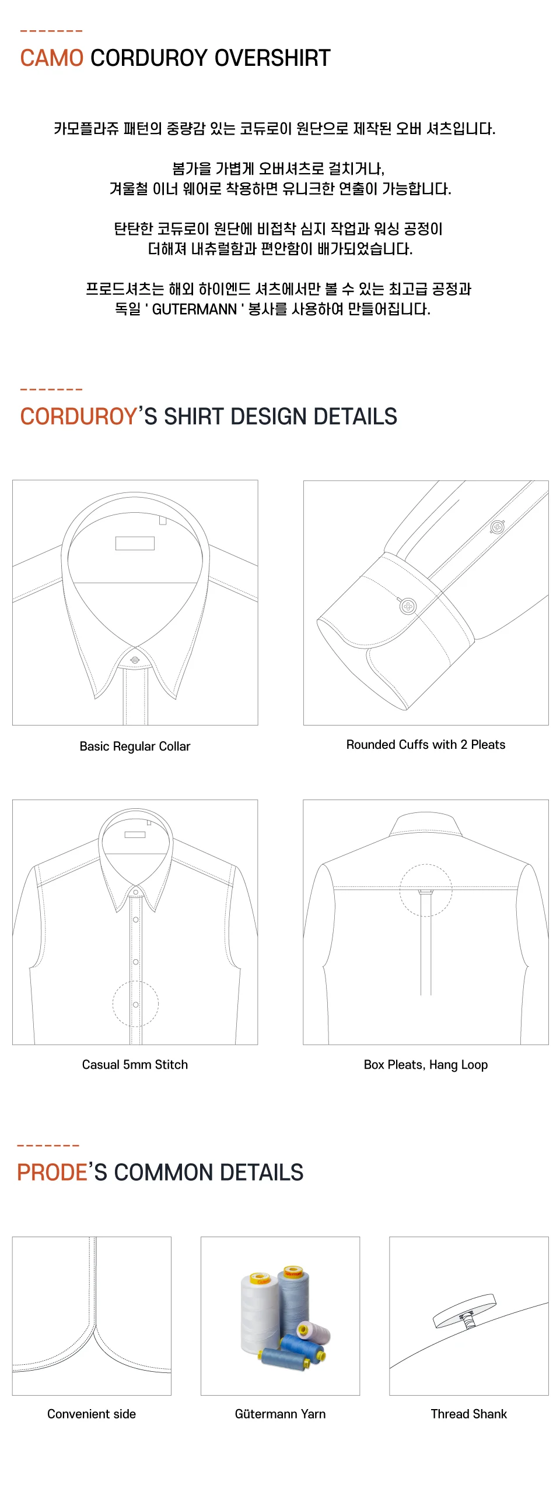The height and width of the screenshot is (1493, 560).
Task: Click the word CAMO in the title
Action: [52, 58]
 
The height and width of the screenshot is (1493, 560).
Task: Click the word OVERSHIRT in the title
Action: [272, 58]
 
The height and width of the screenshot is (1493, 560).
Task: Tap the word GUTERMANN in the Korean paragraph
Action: [194, 309]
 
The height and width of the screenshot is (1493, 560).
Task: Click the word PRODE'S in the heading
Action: [55, 1172]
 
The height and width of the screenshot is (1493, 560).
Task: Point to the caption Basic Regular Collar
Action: [135, 746]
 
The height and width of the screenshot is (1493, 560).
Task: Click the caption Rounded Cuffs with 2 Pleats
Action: [426, 745]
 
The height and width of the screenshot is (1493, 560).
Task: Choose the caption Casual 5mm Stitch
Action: [135, 1065]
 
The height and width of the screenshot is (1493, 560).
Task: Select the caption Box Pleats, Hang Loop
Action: [426, 1065]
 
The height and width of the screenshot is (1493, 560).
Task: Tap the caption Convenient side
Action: [92, 1414]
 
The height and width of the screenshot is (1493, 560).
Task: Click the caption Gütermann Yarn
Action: [280, 1414]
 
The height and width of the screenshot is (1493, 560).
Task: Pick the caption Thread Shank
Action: [469, 1414]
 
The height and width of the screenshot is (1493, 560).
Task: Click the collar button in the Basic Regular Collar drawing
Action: [135, 660]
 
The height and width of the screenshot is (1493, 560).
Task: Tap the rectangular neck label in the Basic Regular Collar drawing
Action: [135, 543]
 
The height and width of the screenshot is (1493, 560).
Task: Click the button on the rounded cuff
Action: [408, 606]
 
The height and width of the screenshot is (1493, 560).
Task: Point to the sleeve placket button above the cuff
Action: [497, 527]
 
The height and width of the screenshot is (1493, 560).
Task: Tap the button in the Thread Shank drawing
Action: [465, 1311]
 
